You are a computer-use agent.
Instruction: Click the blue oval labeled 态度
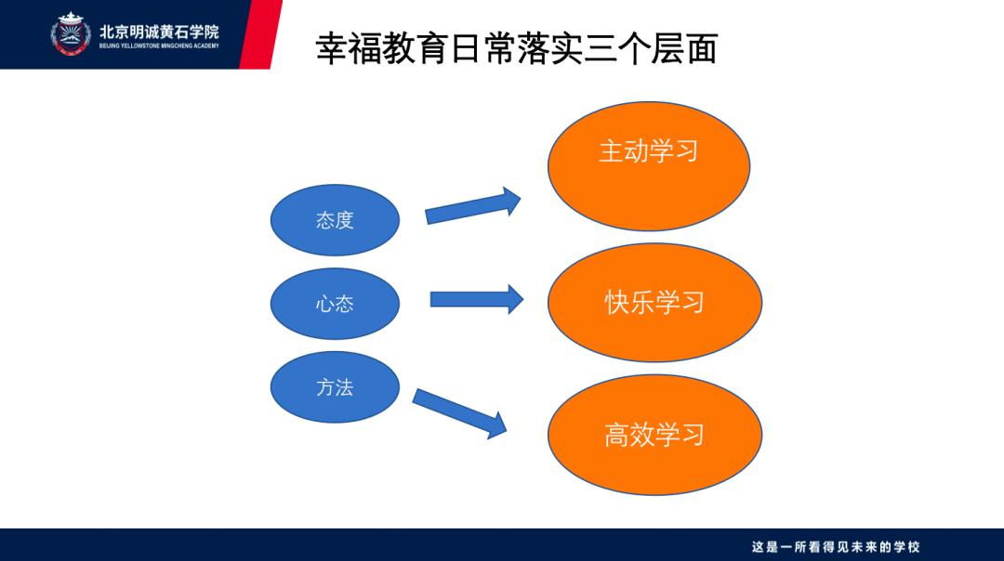pos(335,220)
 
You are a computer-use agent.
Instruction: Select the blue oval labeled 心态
pos(335,303)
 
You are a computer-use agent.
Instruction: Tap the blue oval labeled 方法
pos(335,387)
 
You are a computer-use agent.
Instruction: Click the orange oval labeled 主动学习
pos(649,165)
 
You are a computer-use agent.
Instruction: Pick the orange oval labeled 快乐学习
pos(654,303)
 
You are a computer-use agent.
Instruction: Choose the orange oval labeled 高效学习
pos(654,435)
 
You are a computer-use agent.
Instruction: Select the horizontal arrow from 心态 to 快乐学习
pos(477,299)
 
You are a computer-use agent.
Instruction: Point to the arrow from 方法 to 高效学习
pos(460,413)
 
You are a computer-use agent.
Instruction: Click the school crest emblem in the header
pos(71,33)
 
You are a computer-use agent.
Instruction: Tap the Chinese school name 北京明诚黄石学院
pos(160,32)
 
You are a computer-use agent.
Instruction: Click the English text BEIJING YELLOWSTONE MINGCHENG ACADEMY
pos(160,46)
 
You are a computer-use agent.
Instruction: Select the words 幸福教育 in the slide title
pos(382,48)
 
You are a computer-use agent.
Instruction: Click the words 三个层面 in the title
pos(650,48)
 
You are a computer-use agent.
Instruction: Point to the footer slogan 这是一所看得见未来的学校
pos(836,547)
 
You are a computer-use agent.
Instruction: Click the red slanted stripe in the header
pos(260,34)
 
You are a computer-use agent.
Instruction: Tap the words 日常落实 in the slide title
pos(516,48)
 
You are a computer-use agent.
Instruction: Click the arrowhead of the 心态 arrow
pos(515,299)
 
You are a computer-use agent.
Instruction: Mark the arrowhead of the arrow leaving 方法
pos(496,426)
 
